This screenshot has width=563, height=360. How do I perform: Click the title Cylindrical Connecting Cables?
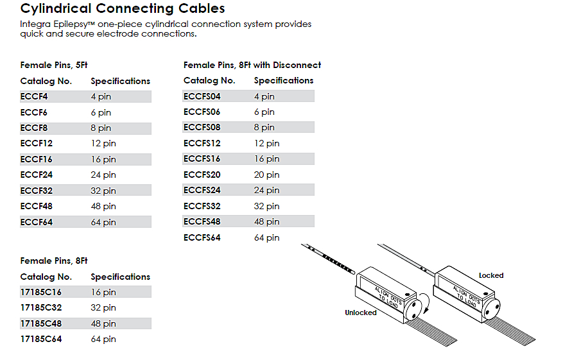[x=123, y=8]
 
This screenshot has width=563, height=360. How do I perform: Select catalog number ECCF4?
[x=34, y=97]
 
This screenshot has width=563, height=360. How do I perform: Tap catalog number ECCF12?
[x=37, y=144]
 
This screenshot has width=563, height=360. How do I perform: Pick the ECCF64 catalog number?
[x=37, y=222]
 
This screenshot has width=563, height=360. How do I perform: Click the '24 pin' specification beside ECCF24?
[x=103, y=175]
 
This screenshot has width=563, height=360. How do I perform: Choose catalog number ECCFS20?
[x=202, y=175]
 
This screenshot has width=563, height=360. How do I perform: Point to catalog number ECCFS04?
[x=202, y=97]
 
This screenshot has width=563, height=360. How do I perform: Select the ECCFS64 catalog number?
[x=202, y=238]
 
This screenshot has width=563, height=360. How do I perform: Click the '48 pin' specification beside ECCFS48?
[x=266, y=222]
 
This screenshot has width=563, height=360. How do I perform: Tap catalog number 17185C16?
[x=42, y=293]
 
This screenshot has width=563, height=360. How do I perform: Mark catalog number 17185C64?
[x=42, y=339]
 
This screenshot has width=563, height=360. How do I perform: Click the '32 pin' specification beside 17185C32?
[x=103, y=308]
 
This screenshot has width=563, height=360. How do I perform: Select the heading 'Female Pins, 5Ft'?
[x=54, y=65]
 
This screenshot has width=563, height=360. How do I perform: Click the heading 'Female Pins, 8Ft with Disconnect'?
[x=252, y=65]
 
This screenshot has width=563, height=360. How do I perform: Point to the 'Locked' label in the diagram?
[x=491, y=275]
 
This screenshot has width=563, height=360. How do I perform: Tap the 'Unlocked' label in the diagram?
[x=361, y=313]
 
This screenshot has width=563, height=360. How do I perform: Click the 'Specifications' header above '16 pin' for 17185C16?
[x=121, y=277]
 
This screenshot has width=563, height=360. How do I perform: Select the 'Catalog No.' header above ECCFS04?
[x=209, y=81]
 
